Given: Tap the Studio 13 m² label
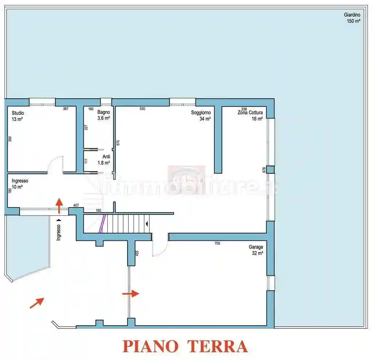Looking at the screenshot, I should [x=17, y=116].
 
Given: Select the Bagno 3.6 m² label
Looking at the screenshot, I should [x=103, y=115].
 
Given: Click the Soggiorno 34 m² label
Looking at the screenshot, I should [x=201, y=116].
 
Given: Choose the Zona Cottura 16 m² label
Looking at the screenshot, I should [x=250, y=116].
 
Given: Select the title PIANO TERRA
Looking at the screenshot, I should [x=185, y=346].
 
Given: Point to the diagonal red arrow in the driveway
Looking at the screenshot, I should [x=37, y=303].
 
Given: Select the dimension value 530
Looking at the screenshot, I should [x=142, y=109].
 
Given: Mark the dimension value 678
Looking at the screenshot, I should [x=264, y=170].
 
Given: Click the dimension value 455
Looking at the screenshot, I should [x=137, y=253].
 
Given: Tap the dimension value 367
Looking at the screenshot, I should [x=66, y=109].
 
